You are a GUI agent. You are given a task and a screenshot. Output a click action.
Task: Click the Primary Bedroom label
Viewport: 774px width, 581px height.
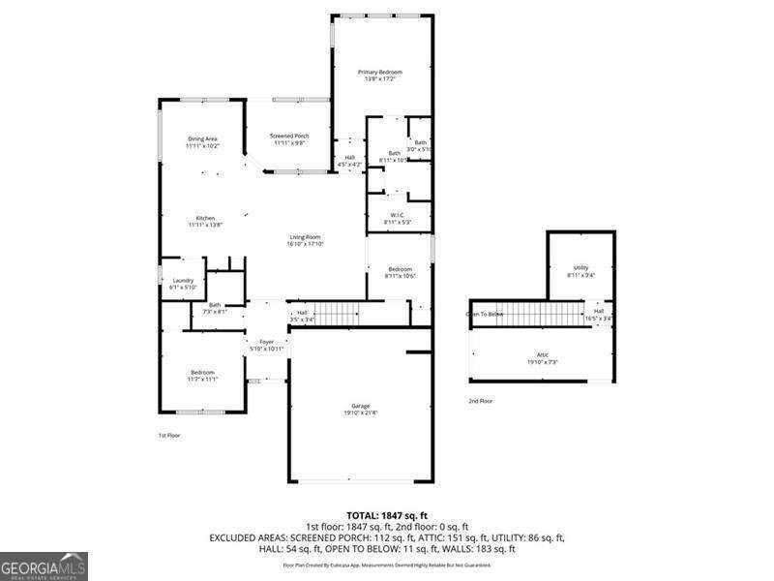(379, 72)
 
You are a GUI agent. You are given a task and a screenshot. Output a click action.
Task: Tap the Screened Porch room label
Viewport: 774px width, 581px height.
(289, 136)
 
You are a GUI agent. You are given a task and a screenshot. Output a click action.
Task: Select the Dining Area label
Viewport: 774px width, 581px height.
(203, 138)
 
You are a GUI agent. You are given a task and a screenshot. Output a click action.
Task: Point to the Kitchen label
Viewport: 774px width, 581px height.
(205, 218)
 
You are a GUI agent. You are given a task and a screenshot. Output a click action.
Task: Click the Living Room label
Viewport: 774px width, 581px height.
(305, 237)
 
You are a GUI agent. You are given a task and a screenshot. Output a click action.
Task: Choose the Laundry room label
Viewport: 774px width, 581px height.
(182, 281)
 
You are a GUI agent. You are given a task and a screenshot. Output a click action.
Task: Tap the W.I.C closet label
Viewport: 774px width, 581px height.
(397, 215)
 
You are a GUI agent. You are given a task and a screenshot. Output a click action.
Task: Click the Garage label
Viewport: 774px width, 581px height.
(360, 406)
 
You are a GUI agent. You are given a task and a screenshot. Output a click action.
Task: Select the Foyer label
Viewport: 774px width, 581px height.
(265, 342)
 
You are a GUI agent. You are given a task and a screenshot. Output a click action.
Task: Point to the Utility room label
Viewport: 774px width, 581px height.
(580, 268)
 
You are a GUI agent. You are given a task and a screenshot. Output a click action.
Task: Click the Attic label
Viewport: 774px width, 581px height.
(542, 355)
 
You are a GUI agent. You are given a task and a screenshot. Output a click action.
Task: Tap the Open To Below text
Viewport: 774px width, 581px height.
(485, 314)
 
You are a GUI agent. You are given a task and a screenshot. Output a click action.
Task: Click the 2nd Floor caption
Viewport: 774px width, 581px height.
(481, 400)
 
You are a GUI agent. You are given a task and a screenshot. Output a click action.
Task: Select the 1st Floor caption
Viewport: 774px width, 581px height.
(169, 435)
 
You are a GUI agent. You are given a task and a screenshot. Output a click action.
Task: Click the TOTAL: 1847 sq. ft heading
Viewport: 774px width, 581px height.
(386, 515)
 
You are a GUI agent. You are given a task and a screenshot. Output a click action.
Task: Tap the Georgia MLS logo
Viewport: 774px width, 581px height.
(44, 564)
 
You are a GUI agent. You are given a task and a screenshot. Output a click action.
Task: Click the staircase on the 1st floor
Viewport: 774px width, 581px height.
(339, 313)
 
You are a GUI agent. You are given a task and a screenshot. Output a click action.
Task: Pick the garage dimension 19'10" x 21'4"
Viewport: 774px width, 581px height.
(360, 413)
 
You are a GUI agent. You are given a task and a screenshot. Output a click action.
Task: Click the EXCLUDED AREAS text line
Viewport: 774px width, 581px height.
(386, 536)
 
